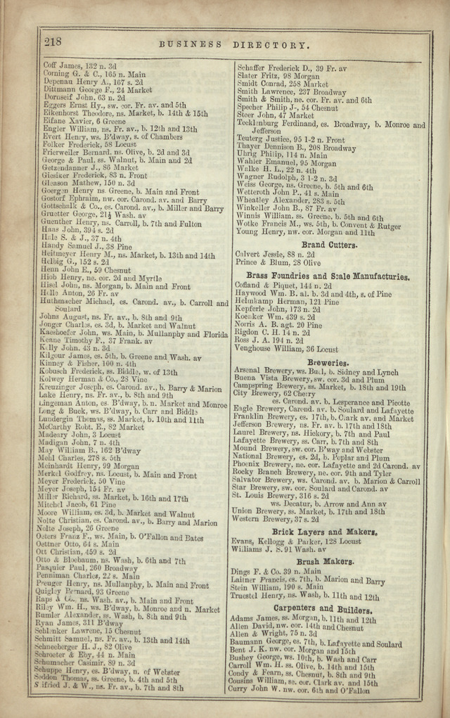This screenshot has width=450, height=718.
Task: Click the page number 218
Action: [53, 41]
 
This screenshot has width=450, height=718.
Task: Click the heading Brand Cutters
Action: [330, 245]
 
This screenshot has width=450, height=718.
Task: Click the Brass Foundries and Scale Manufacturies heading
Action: [328, 277]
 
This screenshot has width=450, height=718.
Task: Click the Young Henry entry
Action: [304, 231]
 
